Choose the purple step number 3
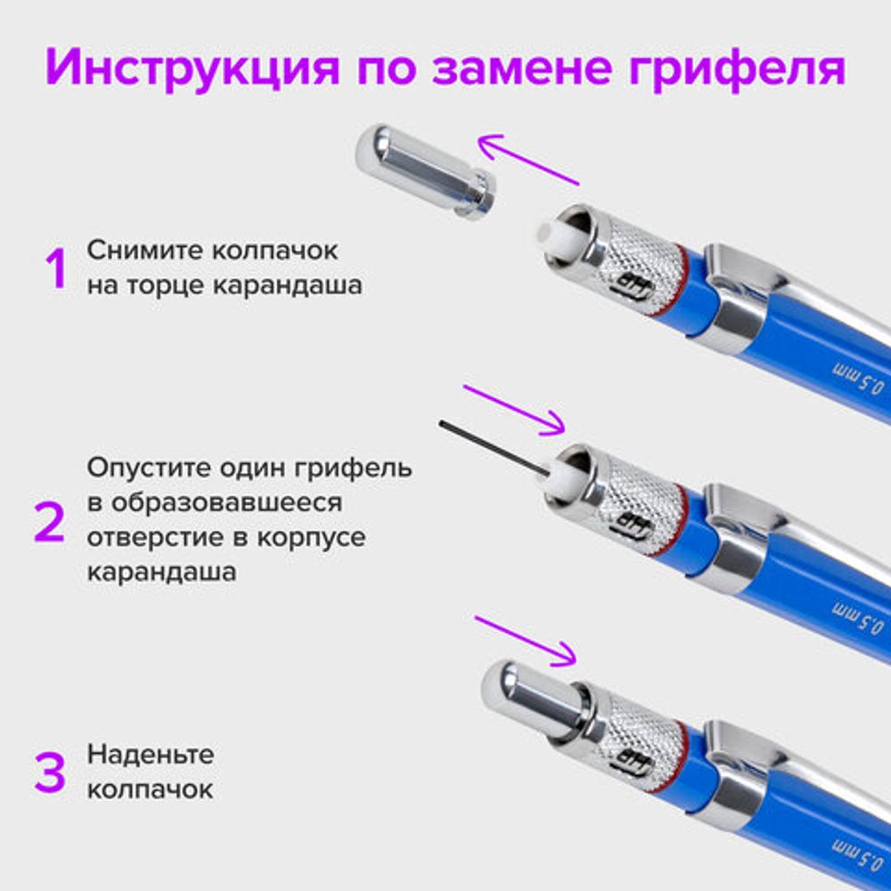(50, 772)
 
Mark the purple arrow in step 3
(525, 640)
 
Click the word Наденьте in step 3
(151, 755)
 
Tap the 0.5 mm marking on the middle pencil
(856, 617)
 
